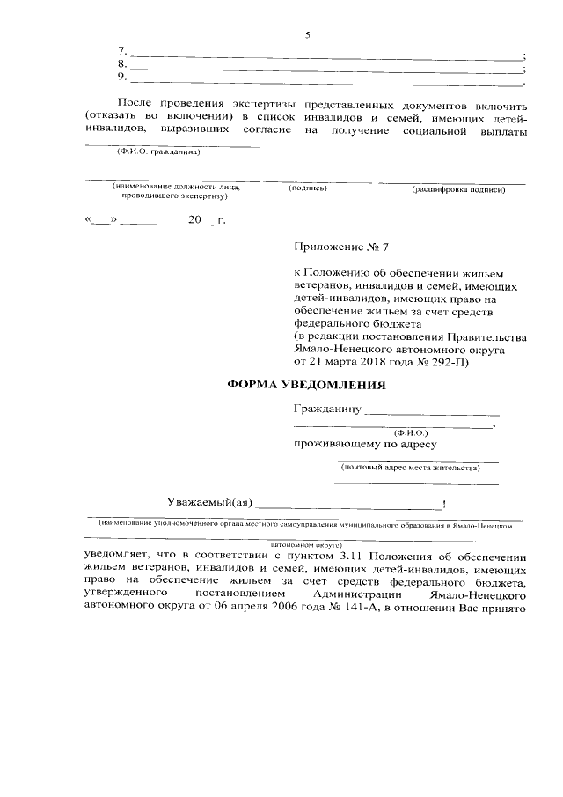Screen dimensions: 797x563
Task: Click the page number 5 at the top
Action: point(308,35)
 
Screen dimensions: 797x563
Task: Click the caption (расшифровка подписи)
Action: point(457,188)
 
